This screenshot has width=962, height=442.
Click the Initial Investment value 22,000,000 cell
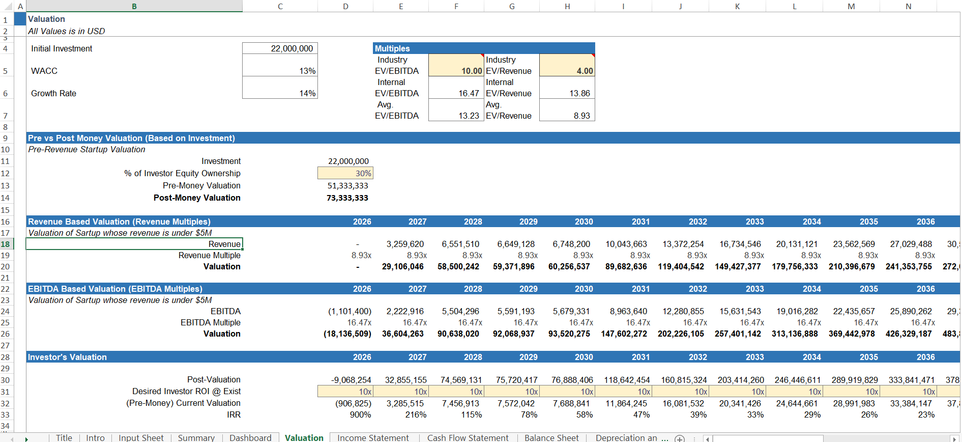pyautogui.click(x=280, y=48)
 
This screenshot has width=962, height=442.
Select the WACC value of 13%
pyautogui.click(x=280, y=71)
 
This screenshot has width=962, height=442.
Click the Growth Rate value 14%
pyautogui.click(x=280, y=93)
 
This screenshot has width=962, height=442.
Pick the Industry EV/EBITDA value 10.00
pyautogui.click(x=456, y=71)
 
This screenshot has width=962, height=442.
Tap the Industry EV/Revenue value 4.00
pyautogui.click(x=567, y=71)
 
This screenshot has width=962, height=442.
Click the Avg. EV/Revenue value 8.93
pyautogui.click(x=567, y=116)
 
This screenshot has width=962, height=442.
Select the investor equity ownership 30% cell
pyautogui.click(x=345, y=173)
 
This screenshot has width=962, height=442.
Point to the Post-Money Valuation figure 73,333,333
pyautogui.click(x=347, y=198)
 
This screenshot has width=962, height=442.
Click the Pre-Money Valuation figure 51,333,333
pyautogui.click(x=347, y=185)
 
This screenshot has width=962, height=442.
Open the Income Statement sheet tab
pyautogui.click(x=373, y=437)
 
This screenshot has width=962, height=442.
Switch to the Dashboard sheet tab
pyautogui.click(x=250, y=437)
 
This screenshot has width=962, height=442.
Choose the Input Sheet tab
pyautogui.click(x=141, y=437)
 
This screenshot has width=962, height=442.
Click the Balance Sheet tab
pyautogui.click(x=551, y=437)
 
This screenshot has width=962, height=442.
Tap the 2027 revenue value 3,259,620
pyautogui.click(x=405, y=244)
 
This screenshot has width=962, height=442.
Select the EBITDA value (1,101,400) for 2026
pyautogui.click(x=349, y=311)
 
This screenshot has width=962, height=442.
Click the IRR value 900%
pyautogui.click(x=360, y=415)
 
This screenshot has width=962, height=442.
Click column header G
pyautogui.click(x=512, y=6)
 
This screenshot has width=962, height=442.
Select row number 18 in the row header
pyautogui.click(x=6, y=244)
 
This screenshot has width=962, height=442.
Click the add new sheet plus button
pyautogui.click(x=680, y=438)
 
